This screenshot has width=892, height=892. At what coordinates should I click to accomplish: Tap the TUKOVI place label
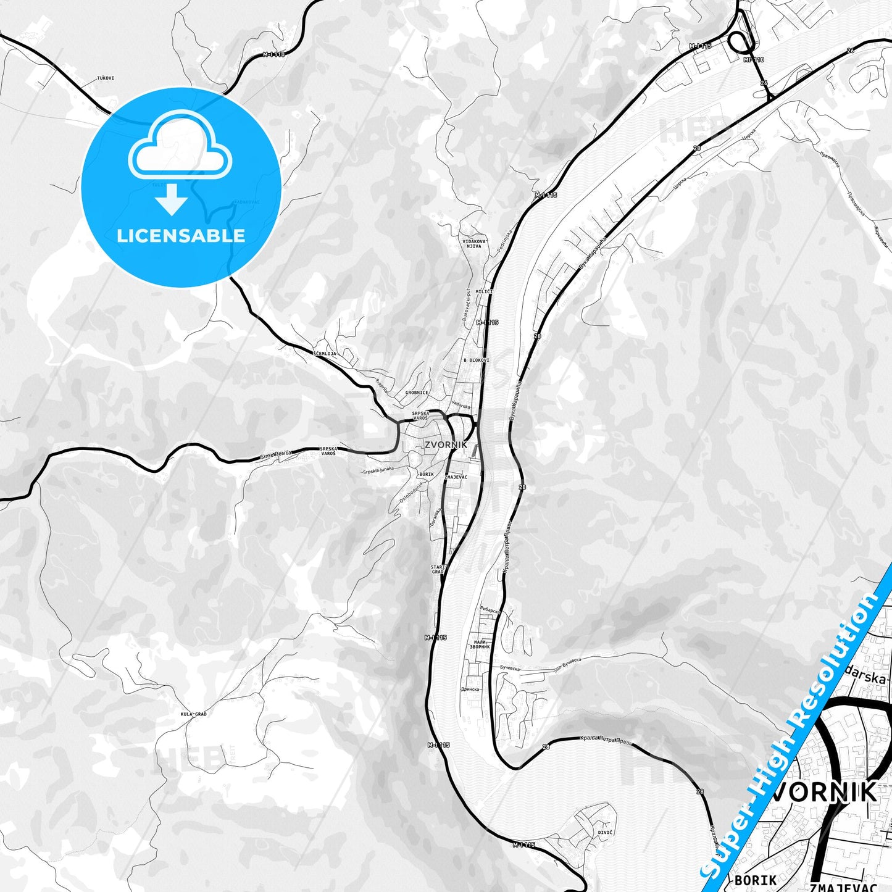point(106,78)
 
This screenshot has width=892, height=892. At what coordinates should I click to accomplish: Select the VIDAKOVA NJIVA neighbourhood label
point(474,243)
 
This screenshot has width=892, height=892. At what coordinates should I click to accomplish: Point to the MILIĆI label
point(484,292)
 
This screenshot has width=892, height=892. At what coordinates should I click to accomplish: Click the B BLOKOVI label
point(476,360)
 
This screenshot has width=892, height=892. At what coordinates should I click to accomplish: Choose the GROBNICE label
point(417,393)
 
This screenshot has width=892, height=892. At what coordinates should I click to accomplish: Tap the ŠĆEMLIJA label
point(325,354)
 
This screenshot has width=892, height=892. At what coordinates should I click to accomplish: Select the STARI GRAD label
point(438,569)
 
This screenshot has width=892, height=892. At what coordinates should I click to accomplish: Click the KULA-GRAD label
point(193,714)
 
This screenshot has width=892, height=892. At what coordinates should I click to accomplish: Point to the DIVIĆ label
point(605,833)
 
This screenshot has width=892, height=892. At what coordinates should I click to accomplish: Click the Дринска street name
point(470,690)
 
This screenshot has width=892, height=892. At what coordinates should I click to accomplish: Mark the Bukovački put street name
point(467,304)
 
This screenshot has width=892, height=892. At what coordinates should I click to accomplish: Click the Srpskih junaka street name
point(378,470)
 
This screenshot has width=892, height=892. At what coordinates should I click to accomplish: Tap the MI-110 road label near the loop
point(754,60)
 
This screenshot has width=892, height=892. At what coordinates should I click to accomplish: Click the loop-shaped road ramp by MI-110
point(738,42)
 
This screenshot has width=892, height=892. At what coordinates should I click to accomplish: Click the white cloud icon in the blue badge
point(180,149)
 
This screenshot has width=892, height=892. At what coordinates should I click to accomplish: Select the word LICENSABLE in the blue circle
point(181,236)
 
